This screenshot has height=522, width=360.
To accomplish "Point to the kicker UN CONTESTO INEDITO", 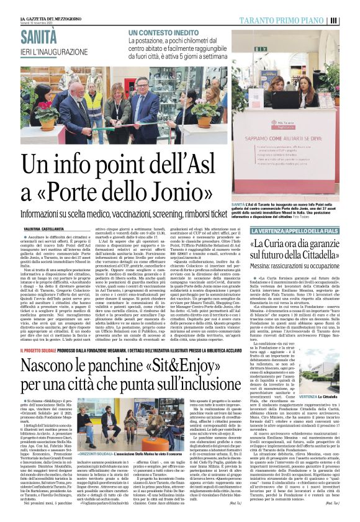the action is click(x=163, y=32).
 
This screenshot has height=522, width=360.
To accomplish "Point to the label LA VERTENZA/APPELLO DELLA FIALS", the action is click(x=285, y=232).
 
